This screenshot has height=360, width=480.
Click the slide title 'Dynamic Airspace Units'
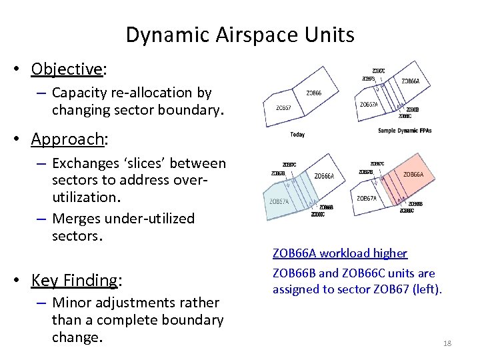click(240, 35)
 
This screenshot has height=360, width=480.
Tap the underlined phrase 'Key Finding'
click(74, 280)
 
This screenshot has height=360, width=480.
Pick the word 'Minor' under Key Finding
click(71, 303)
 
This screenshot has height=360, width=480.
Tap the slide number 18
click(447, 343)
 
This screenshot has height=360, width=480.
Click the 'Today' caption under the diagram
click(297, 135)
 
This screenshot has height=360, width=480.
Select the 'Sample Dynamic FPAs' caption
click(404, 131)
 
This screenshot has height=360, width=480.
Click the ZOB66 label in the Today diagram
click(313, 93)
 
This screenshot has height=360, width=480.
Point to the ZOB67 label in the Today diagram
click(283, 107)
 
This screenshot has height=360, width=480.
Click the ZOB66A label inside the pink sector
click(413, 175)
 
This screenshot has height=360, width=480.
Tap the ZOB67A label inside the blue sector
click(279, 201)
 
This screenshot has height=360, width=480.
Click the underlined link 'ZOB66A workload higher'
click(339, 253)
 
